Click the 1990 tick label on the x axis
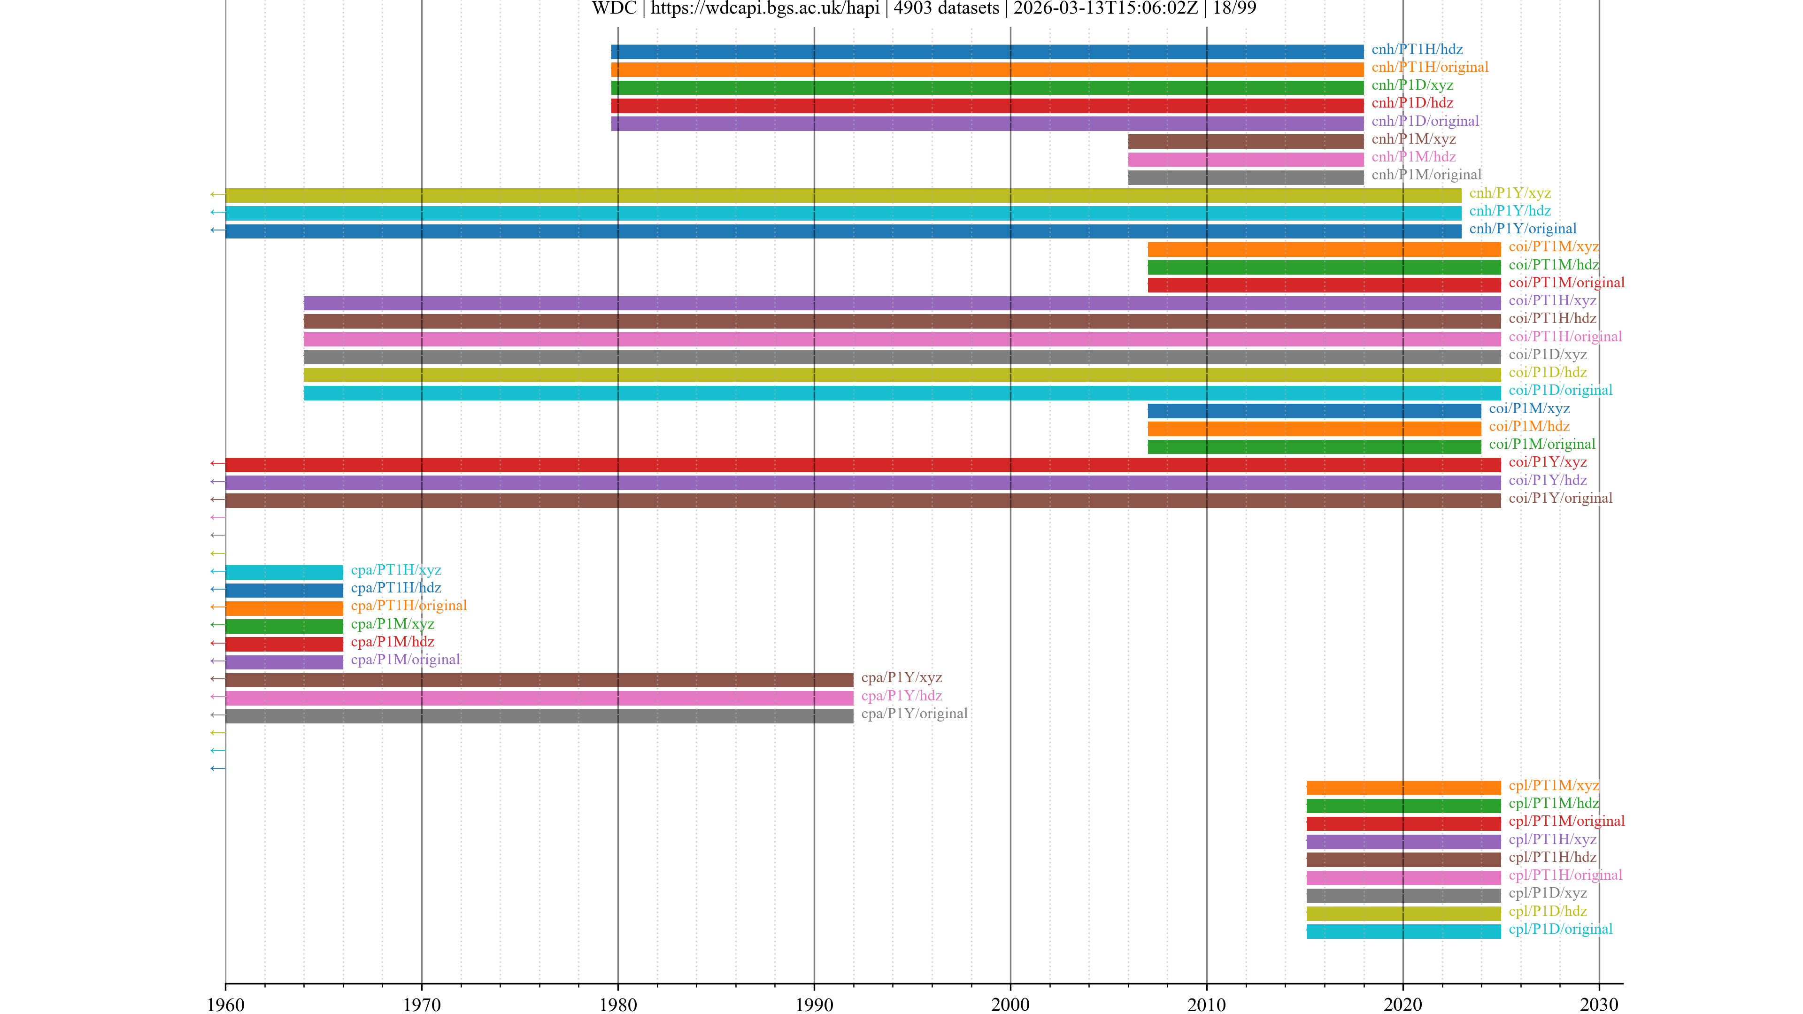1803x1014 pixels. click(814, 1004)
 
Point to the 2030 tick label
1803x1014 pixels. click(1599, 1004)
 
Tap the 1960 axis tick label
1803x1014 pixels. click(225, 1004)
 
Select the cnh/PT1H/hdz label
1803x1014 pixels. click(1417, 49)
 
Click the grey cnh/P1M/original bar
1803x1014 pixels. click(1245, 177)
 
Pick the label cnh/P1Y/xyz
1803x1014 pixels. click(1510, 193)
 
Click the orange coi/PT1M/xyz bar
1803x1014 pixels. click(1324, 249)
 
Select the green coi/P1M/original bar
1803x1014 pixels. click(1314, 446)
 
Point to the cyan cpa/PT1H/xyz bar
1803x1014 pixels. click(284, 572)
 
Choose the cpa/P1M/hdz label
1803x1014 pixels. click(392, 642)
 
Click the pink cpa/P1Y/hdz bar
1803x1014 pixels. click(539, 698)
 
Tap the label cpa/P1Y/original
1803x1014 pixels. click(914, 714)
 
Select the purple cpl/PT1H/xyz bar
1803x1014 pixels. click(1403, 841)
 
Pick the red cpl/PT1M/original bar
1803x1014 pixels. click(1403, 824)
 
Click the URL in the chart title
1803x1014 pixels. click(765, 8)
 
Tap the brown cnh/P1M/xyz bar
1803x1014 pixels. click(1245, 141)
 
